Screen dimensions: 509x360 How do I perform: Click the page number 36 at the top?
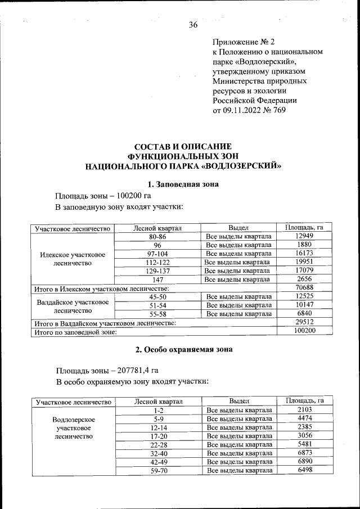[193, 25]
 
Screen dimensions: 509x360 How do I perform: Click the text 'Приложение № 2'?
[243, 42]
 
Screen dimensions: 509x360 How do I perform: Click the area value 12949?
[304, 236]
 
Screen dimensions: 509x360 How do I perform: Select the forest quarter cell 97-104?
[157, 254]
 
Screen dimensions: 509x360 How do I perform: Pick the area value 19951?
[304, 262]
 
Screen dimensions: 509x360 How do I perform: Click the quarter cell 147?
[157, 280]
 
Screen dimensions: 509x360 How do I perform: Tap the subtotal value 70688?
[304, 288]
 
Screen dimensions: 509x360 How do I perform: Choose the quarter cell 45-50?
[157, 296]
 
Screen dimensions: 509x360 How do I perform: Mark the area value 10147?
[304, 305]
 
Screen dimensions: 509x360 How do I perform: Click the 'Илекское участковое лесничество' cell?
[71, 258]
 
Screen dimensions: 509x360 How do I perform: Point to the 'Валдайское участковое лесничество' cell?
[71, 305]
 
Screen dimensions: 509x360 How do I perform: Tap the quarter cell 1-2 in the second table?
[157, 410]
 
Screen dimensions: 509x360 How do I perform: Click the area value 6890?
[304, 461]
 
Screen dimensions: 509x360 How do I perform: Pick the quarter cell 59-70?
[157, 470]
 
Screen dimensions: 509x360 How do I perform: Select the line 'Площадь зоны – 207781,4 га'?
[107, 370]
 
